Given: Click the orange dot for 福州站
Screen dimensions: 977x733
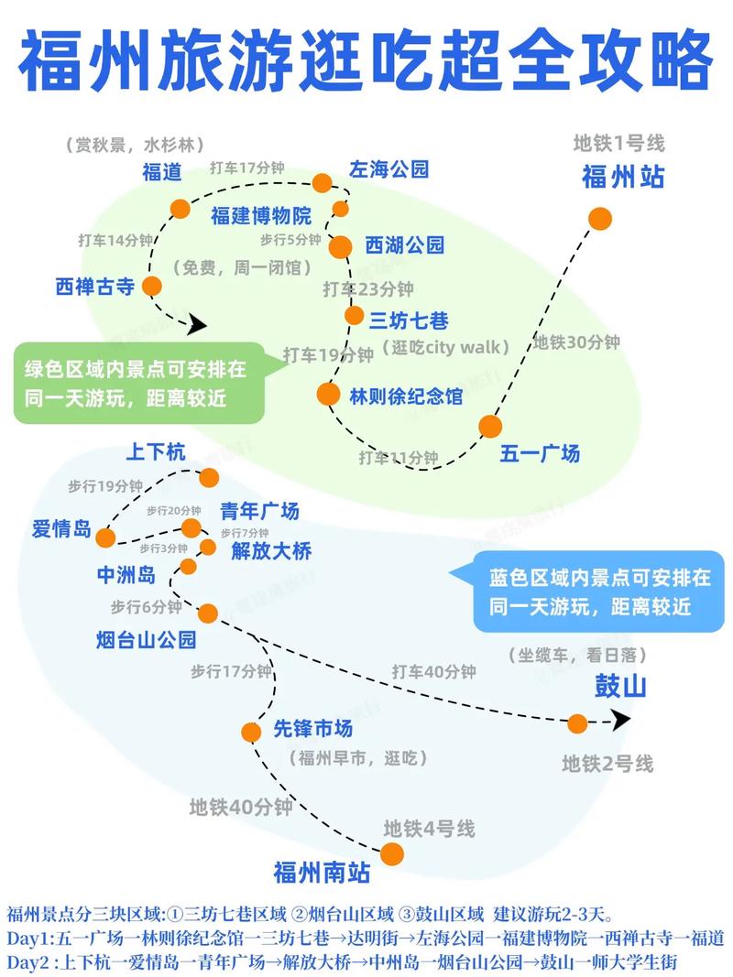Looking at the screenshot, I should [600, 218].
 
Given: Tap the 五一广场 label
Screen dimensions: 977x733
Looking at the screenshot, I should [540, 453].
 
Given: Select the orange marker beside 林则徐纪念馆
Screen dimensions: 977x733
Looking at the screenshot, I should [328, 394].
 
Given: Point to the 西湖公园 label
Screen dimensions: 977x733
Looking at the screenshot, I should [404, 244].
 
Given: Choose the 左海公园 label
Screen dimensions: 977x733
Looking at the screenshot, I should [388, 168].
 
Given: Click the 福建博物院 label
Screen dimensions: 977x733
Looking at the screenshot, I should [261, 216].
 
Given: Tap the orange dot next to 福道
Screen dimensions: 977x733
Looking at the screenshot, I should [181, 208].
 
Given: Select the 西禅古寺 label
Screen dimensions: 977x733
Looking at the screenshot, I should [95, 287].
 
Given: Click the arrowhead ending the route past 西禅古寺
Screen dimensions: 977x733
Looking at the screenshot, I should [198, 323].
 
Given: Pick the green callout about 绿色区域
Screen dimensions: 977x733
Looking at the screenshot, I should [137, 383].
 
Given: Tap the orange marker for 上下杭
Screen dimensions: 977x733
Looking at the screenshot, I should [209, 477].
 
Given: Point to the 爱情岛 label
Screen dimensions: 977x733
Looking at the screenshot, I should [61, 529].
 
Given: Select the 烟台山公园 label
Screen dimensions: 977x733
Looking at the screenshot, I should [146, 638].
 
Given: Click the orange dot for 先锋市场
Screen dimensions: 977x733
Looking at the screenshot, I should [251, 732].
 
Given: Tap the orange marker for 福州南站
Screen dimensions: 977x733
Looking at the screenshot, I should [392, 853].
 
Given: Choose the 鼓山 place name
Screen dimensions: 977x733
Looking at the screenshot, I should [621, 686].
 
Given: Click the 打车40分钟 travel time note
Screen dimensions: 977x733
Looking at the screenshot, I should [434, 671].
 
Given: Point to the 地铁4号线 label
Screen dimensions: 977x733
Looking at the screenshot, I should [429, 830].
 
